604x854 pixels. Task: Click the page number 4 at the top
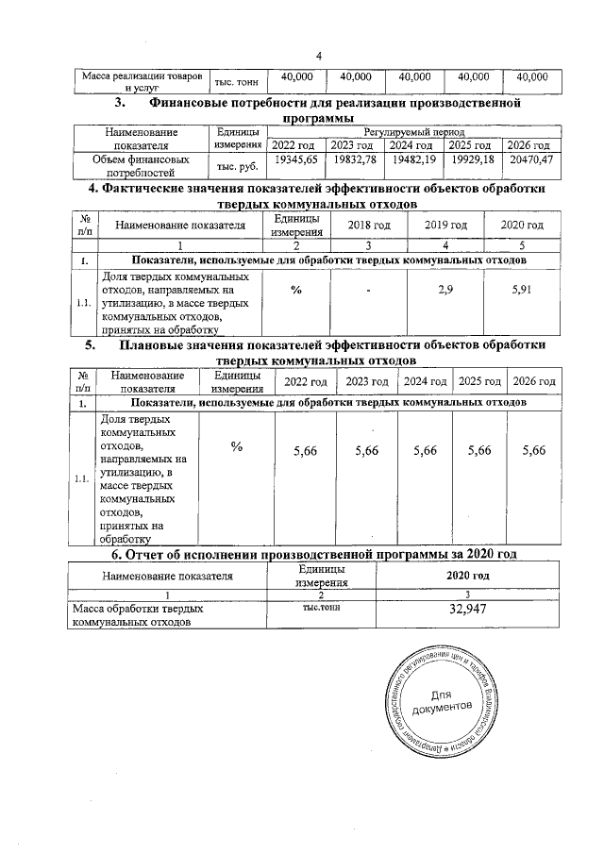click(x=319, y=56)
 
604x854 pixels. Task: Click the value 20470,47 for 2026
click(x=530, y=161)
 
